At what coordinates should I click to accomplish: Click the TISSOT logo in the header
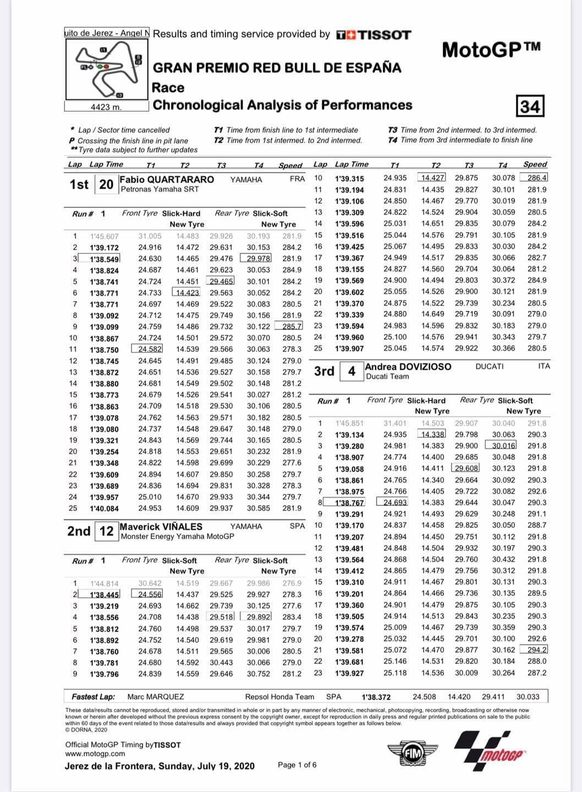[x=374, y=35]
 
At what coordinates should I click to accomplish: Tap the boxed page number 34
[x=530, y=105]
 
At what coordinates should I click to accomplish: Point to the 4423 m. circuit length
[x=106, y=107]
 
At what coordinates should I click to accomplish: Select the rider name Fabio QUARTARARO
[x=167, y=179]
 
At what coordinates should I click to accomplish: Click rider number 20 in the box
[x=106, y=184]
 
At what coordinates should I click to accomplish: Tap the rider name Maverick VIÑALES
[x=161, y=526]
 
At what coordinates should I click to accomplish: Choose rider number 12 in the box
[x=106, y=531]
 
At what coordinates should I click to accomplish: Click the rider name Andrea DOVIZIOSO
[x=408, y=367]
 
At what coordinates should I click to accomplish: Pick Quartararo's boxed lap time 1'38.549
[x=105, y=258]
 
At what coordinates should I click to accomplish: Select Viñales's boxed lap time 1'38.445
[x=105, y=595]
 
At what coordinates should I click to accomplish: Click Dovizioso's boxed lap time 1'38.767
[x=350, y=503]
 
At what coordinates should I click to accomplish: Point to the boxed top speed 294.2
[x=537, y=650]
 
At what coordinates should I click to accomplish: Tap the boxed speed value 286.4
[x=537, y=178]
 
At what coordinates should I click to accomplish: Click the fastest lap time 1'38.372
[x=376, y=697]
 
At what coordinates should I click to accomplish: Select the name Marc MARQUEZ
[x=156, y=696]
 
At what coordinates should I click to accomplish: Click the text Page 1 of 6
[x=297, y=765]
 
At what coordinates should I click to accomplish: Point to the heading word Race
[x=168, y=87]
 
